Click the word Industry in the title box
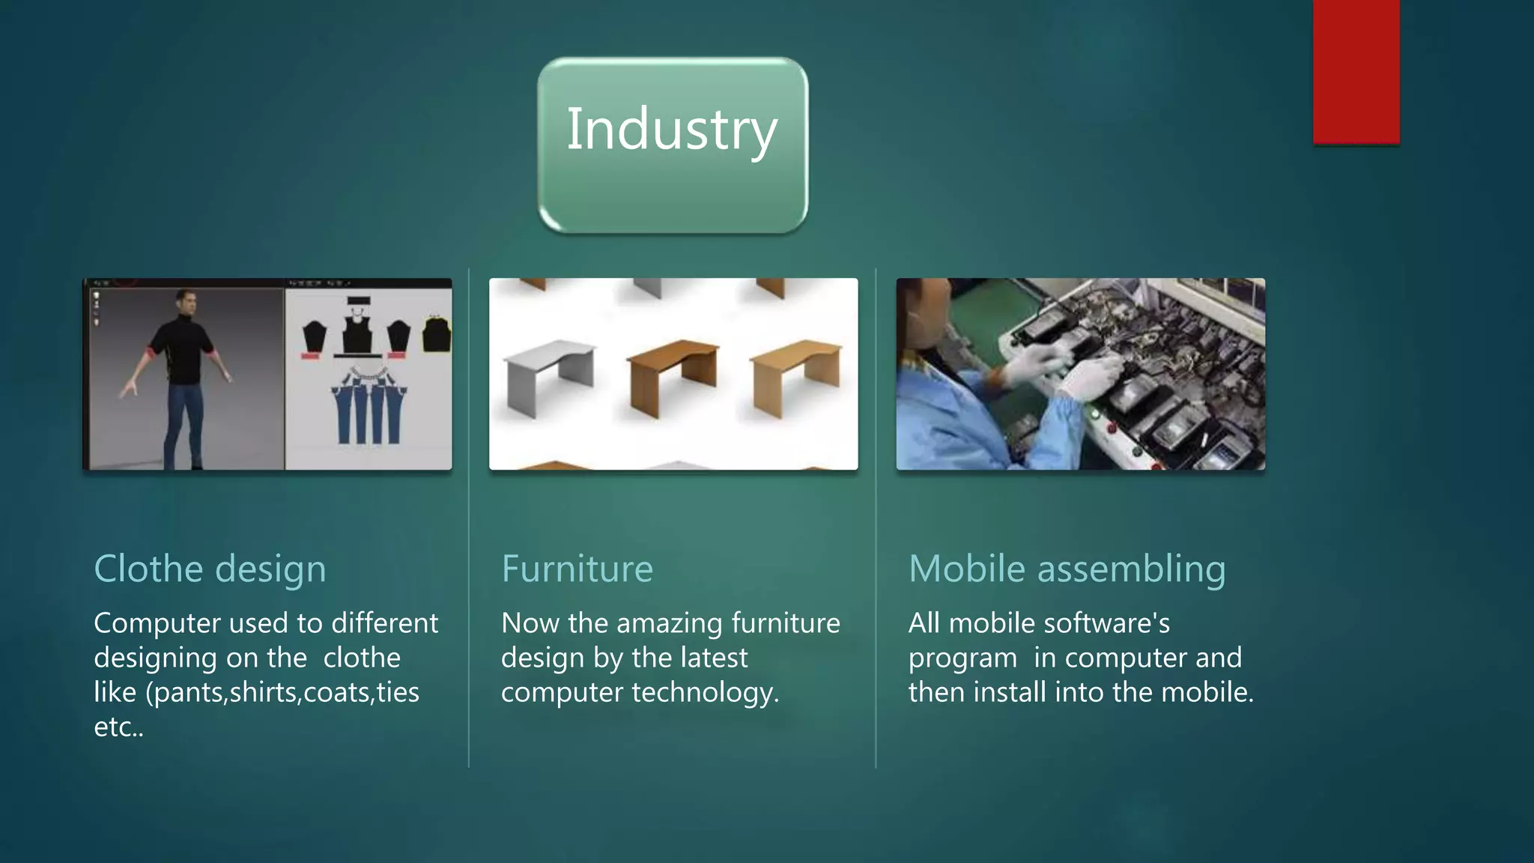671,130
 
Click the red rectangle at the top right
1356,71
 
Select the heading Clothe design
210,569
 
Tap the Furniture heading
577,569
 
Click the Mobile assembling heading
1067,569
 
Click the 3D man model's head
186,301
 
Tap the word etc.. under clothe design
118,727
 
